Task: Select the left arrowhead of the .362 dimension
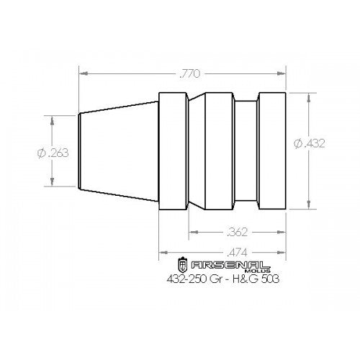pos(192,233)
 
